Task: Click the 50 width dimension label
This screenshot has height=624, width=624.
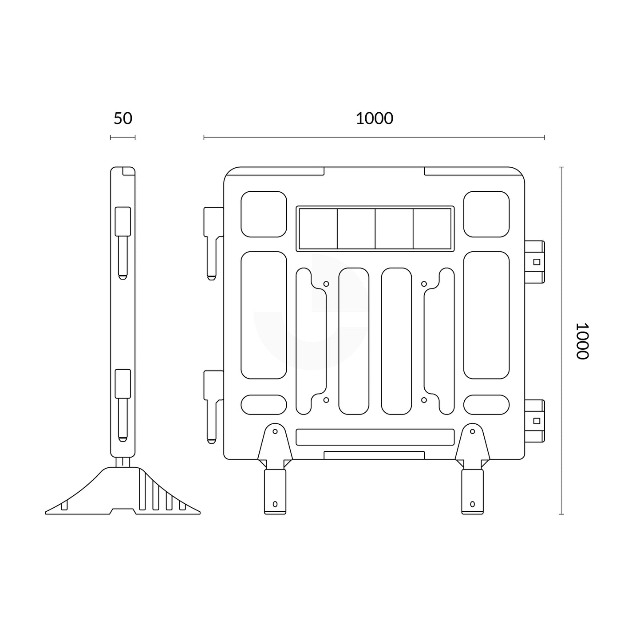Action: click(123, 118)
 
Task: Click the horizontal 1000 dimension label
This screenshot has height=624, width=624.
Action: click(374, 118)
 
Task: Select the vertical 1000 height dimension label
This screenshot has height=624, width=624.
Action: click(582, 340)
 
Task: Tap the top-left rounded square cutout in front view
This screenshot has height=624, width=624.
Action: click(264, 214)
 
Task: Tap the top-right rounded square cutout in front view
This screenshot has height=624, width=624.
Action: click(486, 214)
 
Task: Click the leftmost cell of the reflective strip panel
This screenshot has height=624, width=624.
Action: click(318, 229)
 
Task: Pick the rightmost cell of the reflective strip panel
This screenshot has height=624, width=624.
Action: click(432, 229)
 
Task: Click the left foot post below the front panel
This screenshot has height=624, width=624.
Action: click(275, 491)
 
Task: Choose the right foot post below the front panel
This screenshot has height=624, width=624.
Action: click(472, 491)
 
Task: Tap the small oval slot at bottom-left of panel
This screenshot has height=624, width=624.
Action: click(264, 404)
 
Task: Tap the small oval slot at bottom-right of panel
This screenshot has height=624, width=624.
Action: click(486, 404)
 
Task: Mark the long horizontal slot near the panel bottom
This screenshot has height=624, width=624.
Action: click(375, 437)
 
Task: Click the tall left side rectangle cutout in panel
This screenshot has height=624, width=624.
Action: click(264, 315)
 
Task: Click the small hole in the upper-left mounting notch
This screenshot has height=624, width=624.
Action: click(326, 284)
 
